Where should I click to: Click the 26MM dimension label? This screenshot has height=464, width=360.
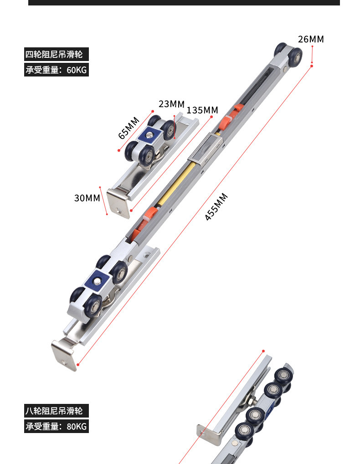pos(311,39)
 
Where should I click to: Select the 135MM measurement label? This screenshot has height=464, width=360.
pos(202,110)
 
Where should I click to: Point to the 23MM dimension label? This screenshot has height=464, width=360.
pos(171,104)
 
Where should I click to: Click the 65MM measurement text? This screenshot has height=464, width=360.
pos(129,128)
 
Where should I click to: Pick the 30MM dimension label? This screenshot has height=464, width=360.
pos(87,198)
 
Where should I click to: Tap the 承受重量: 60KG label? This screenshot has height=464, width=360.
pos(56,70)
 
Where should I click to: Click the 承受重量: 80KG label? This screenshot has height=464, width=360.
pos(56,427)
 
